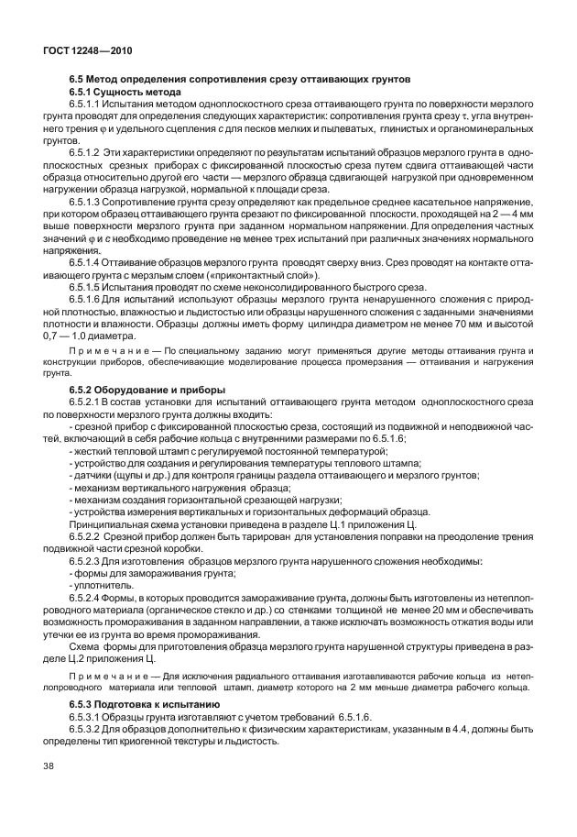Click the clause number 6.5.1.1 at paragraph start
coord(89,106)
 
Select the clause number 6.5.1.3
coord(89,200)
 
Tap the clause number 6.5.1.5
coord(89,286)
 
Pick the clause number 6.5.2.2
coord(89,534)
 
